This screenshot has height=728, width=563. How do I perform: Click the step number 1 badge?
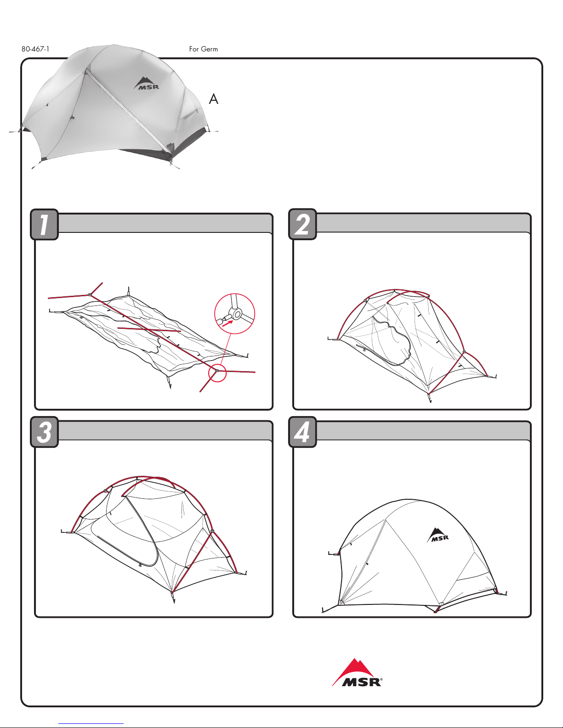click(x=44, y=224)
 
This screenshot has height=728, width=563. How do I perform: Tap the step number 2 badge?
click(x=302, y=224)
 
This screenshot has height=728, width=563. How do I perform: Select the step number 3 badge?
click(x=44, y=432)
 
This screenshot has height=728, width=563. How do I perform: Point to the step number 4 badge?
click(x=302, y=432)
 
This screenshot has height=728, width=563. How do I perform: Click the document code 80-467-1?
click(x=35, y=49)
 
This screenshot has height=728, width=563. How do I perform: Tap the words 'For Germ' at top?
click(x=204, y=49)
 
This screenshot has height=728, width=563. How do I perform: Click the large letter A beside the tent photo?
click(x=213, y=99)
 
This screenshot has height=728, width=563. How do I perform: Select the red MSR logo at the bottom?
click(x=357, y=672)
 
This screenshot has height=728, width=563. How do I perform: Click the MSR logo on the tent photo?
click(x=146, y=84)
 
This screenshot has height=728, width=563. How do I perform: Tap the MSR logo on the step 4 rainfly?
click(x=438, y=535)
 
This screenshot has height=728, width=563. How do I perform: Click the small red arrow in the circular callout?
click(x=227, y=323)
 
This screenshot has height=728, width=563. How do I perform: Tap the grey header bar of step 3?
click(x=165, y=430)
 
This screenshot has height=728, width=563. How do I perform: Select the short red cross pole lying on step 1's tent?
click(x=149, y=330)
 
